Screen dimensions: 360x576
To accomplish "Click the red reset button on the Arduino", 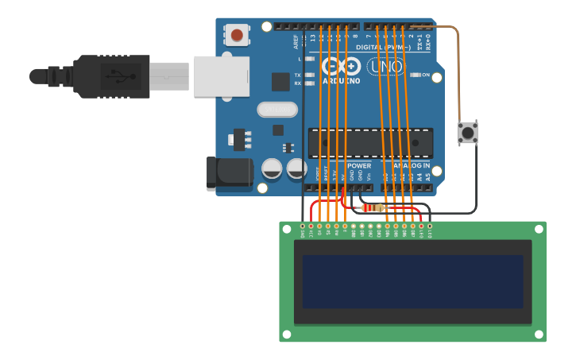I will pyautogui.click(x=236, y=35).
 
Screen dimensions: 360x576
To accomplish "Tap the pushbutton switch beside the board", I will pyautogui.click(x=468, y=133).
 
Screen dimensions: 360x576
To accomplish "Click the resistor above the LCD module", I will pyautogui.click(x=373, y=208).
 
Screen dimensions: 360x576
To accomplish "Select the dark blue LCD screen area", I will pyautogui.click(x=412, y=281).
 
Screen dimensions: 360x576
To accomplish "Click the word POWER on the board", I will pyautogui.click(x=359, y=165).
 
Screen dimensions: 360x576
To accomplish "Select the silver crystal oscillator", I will pyautogui.click(x=276, y=109).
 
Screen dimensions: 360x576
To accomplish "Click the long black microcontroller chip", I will pyautogui.click(x=370, y=143).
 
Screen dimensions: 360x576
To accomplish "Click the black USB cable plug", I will pyautogui.click(x=111, y=76).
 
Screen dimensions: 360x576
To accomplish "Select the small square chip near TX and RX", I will pyautogui.click(x=280, y=81).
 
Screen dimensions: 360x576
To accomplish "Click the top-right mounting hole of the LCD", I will pyautogui.click(x=539, y=229).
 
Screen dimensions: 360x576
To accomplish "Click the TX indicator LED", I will pyautogui.click(x=310, y=75).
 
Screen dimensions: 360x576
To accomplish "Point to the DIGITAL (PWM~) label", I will pyautogui.click(x=380, y=48).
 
